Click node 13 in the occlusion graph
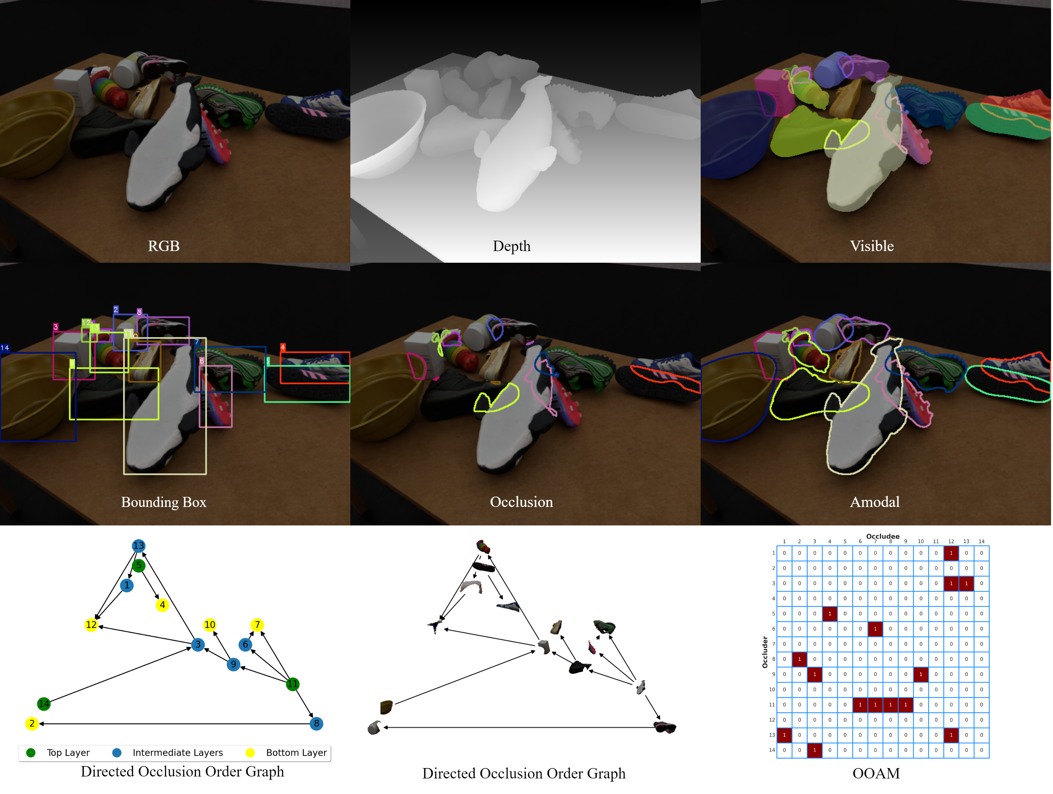[x=139, y=546]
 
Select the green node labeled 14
[x=44, y=704]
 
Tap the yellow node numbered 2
[x=32, y=724]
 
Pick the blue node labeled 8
[x=317, y=724]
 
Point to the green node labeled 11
[x=292, y=684]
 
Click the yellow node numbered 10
[x=210, y=625]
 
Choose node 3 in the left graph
[x=198, y=644]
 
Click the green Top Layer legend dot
[x=31, y=752]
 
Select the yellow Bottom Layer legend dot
[x=250, y=752]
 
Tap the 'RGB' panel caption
[x=164, y=246]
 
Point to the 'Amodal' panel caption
[x=875, y=502]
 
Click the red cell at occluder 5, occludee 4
[x=830, y=614]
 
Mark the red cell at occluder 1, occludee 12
[x=951, y=553]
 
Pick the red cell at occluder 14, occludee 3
[x=815, y=750]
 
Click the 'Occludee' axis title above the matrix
[x=883, y=536]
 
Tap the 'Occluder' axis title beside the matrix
[x=765, y=652]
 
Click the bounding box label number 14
[x=5, y=348]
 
